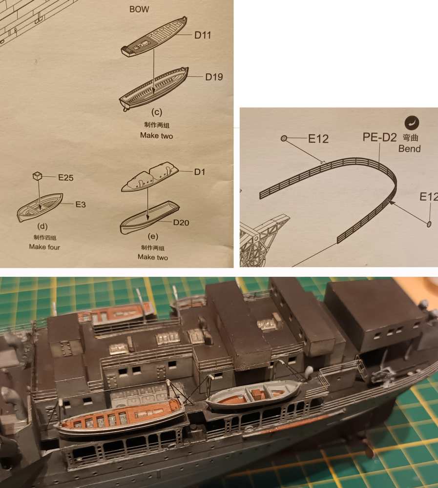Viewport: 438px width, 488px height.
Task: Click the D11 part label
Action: coord(203,35)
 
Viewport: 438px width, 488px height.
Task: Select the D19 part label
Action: coord(214,77)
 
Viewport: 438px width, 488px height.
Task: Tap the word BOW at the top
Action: coord(139,9)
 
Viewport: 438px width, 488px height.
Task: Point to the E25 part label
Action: coord(66,178)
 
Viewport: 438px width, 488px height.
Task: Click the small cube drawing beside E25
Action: coord(37,176)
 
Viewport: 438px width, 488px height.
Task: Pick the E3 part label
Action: coord(81,204)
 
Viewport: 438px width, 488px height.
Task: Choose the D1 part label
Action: coord(199,172)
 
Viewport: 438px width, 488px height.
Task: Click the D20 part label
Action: coord(181,223)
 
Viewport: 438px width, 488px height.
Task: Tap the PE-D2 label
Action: coord(379,137)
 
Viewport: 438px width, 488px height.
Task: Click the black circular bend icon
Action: coord(412,123)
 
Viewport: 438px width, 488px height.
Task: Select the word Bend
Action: coord(409,148)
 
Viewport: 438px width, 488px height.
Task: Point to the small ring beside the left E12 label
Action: coord(284,138)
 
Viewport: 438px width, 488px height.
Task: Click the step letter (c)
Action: coord(157,112)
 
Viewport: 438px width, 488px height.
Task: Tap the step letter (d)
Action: coord(42,226)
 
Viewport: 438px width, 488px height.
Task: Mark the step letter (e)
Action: coord(153,237)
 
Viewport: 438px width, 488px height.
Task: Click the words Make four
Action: coord(44,247)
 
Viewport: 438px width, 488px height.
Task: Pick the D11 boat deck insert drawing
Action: coord(154,37)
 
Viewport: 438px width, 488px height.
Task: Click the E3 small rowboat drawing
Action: coord(40,206)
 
